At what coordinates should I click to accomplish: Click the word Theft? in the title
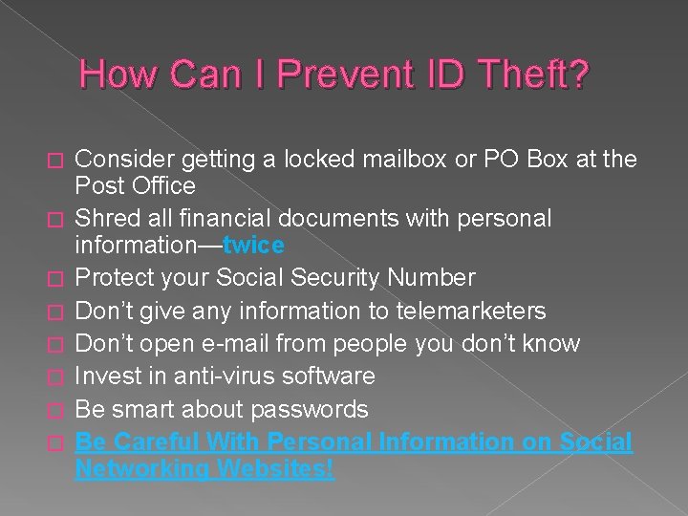point(535,75)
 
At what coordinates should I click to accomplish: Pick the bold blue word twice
point(253,246)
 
